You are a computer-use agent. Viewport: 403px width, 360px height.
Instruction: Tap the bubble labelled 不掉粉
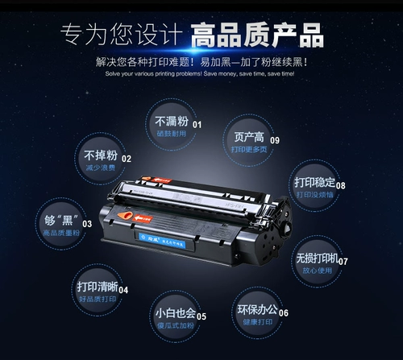(x=100, y=158)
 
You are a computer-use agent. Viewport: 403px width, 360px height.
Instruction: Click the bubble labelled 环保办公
(x=257, y=314)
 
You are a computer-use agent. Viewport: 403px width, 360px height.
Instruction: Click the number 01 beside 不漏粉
(x=197, y=125)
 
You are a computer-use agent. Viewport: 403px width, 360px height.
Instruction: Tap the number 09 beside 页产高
(x=275, y=141)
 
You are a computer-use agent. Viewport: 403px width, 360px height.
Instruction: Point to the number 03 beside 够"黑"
(x=87, y=224)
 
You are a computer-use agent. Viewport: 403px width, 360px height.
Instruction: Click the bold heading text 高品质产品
(x=256, y=35)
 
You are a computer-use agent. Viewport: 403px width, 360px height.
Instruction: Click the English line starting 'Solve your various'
(x=201, y=74)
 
